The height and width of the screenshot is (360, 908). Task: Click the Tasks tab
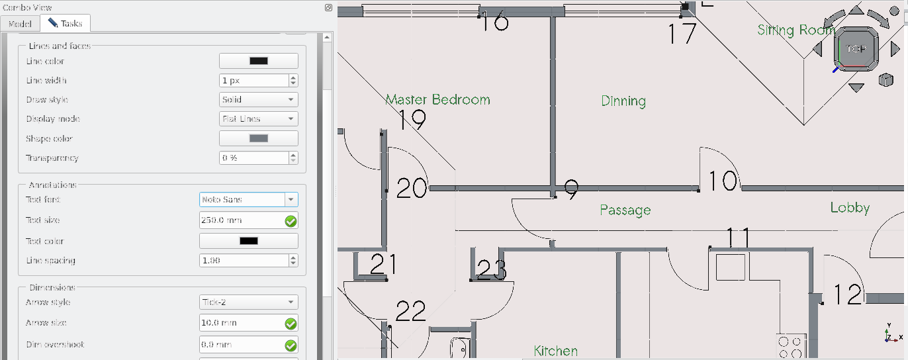coord(65,23)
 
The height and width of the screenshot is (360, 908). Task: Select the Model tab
coord(20,23)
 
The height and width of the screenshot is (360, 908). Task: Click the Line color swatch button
coord(258,61)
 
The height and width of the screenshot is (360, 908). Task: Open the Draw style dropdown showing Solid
coord(258,100)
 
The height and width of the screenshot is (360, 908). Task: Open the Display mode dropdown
coord(258,119)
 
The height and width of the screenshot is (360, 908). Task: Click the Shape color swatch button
coord(258,138)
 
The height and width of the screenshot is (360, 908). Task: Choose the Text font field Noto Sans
coord(242,199)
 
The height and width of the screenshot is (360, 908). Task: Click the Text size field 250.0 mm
coord(241,220)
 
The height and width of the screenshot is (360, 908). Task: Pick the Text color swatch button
coord(248,241)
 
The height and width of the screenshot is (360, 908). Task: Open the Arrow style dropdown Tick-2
coord(248,302)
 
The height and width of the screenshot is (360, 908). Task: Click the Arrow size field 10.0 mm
coord(241,323)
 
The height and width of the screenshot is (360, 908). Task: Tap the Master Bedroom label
coord(437,100)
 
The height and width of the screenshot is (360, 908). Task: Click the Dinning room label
coord(623,101)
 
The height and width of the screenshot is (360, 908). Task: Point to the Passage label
coord(625,210)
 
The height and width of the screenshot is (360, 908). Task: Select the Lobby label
coord(850,208)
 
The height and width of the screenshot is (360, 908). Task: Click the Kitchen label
coord(555,351)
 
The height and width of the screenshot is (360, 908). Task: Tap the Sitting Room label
coord(795,30)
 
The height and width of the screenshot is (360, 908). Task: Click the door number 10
coord(723,181)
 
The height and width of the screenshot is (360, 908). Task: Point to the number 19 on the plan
coord(412,120)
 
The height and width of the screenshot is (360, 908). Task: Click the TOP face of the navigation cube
coord(856,49)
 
